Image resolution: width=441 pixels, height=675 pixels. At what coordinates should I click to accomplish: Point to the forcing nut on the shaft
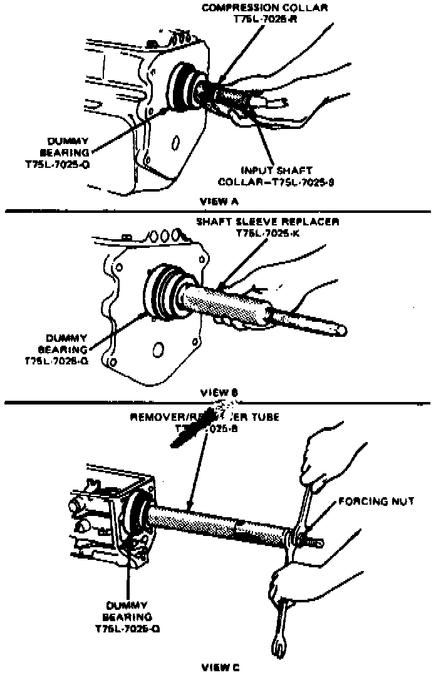point(299,538)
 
